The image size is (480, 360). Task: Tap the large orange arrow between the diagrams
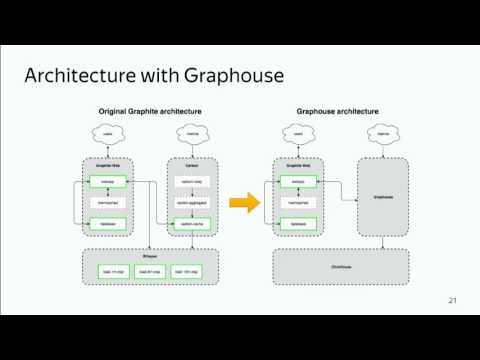tap(238, 204)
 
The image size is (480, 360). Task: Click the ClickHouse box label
tap(341, 266)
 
